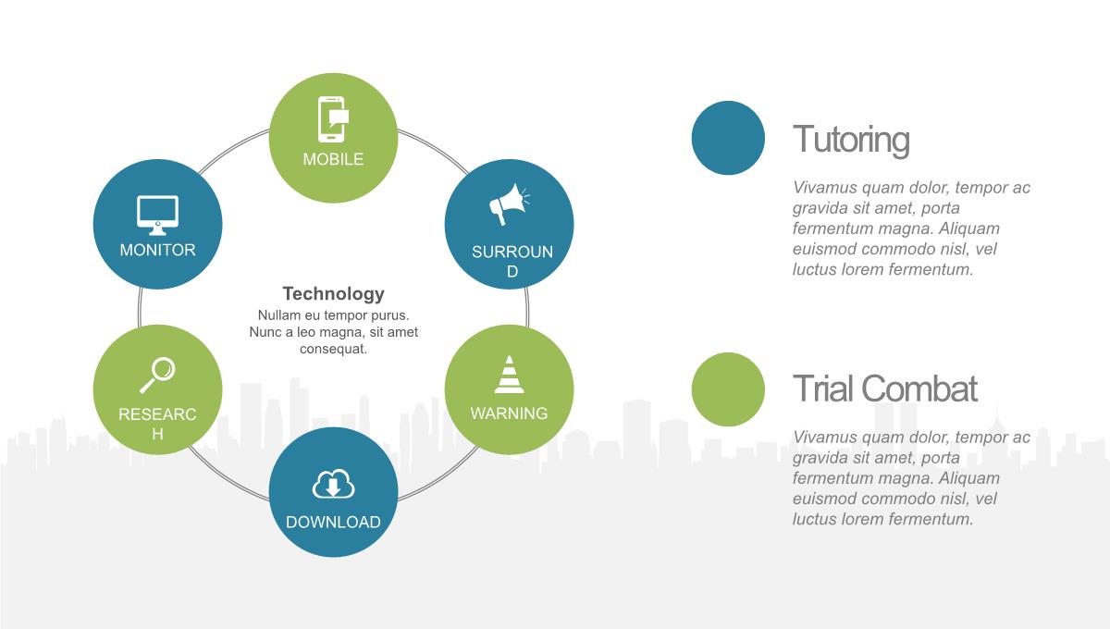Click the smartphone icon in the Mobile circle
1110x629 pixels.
pos(334,119)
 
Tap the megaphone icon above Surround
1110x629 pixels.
pos(510,204)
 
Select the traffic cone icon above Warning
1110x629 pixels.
pos(509,375)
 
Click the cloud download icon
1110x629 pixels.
pos(334,483)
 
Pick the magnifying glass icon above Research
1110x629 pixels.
pos(157,376)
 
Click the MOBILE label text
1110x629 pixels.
pos(334,159)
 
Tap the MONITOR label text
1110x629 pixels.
pos(157,250)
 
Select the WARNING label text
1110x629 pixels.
pos(509,413)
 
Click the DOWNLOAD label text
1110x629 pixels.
pos(334,522)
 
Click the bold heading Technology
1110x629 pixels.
pos(334,293)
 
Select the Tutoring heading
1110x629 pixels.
pos(851,140)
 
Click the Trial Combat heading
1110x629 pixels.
pos(885,388)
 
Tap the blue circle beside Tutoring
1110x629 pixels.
pos(728,138)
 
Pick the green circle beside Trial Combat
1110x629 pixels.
pos(728,389)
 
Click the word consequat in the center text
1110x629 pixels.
pos(334,349)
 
